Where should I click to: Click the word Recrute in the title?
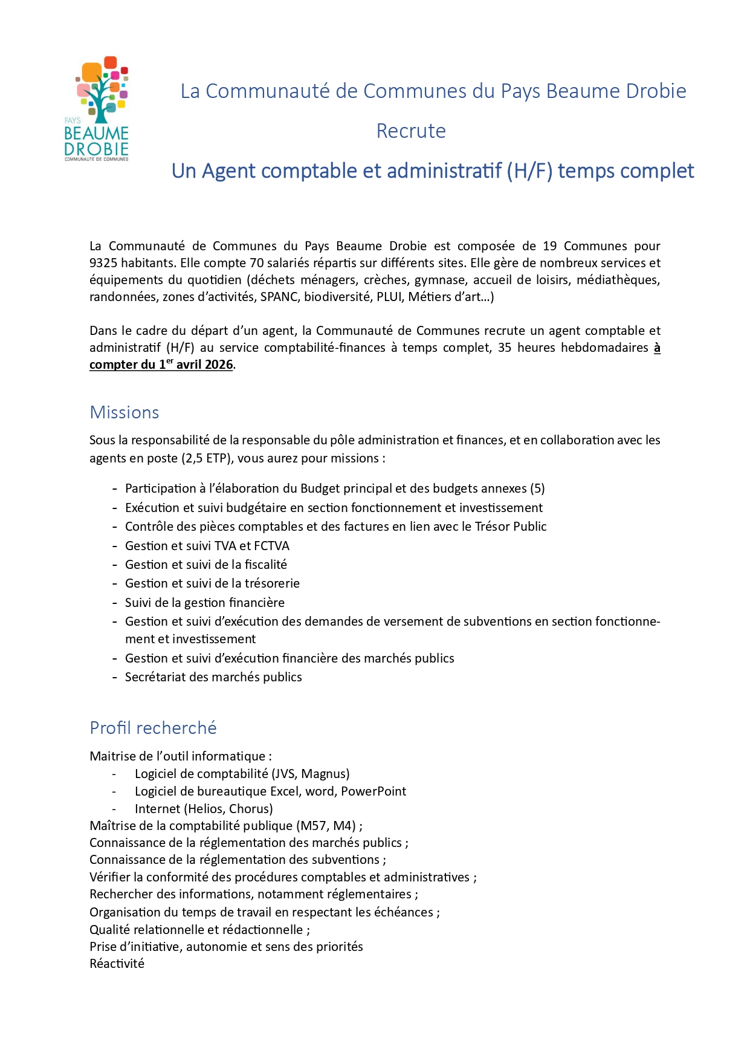click(x=411, y=131)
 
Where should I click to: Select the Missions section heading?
click(x=124, y=412)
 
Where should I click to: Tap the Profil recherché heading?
click(x=153, y=728)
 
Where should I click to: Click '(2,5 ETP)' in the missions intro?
click(x=207, y=458)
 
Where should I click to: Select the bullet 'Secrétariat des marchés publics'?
click(x=213, y=677)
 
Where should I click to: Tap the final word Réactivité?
click(x=117, y=964)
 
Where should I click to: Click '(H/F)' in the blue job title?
click(x=529, y=171)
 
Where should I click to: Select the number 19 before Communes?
click(x=549, y=246)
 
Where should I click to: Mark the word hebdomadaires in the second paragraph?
click(x=604, y=348)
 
